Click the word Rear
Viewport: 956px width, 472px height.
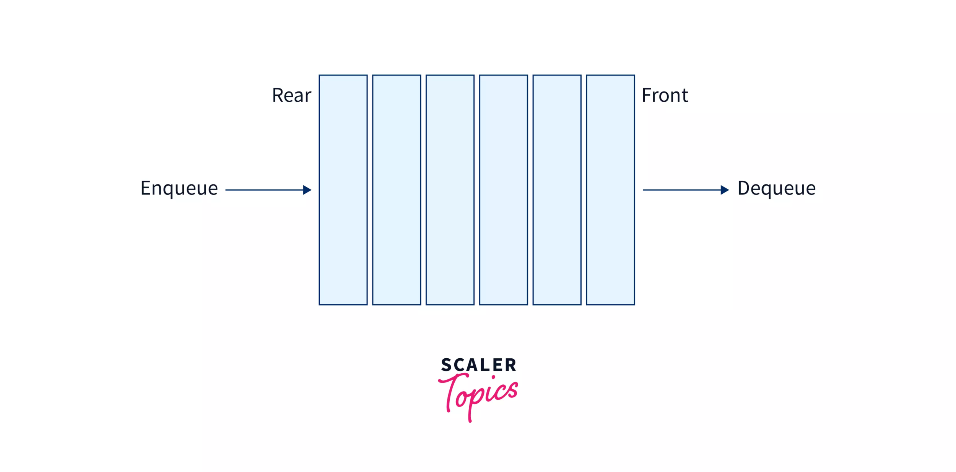tap(291, 95)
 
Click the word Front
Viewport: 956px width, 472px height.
tap(665, 95)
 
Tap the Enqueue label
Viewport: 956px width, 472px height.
tap(179, 188)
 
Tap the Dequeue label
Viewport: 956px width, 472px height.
tap(776, 188)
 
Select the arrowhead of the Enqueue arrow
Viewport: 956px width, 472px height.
tap(307, 190)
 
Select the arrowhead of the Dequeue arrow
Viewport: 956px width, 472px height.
tap(725, 190)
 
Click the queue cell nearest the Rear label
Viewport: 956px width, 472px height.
tap(343, 190)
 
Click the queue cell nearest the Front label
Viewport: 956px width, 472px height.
tap(610, 190)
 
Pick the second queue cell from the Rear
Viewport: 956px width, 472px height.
tap(397, 190)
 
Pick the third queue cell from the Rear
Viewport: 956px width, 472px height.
tap(450, 190)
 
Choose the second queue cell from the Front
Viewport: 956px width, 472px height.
tap(557, 190)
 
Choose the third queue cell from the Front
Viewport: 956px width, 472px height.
tap(503, 190)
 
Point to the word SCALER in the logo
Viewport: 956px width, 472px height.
tap(479, 365)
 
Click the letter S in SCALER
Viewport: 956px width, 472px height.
tap(446, 365)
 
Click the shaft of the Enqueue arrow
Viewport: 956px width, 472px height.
tap(264, 190)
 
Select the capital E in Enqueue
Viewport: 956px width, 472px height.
tap(146, 188)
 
